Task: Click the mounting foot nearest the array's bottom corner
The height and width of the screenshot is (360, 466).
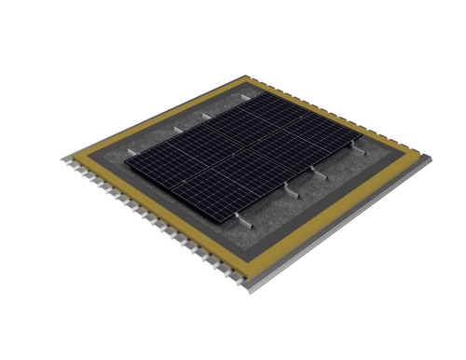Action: (244, 224)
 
